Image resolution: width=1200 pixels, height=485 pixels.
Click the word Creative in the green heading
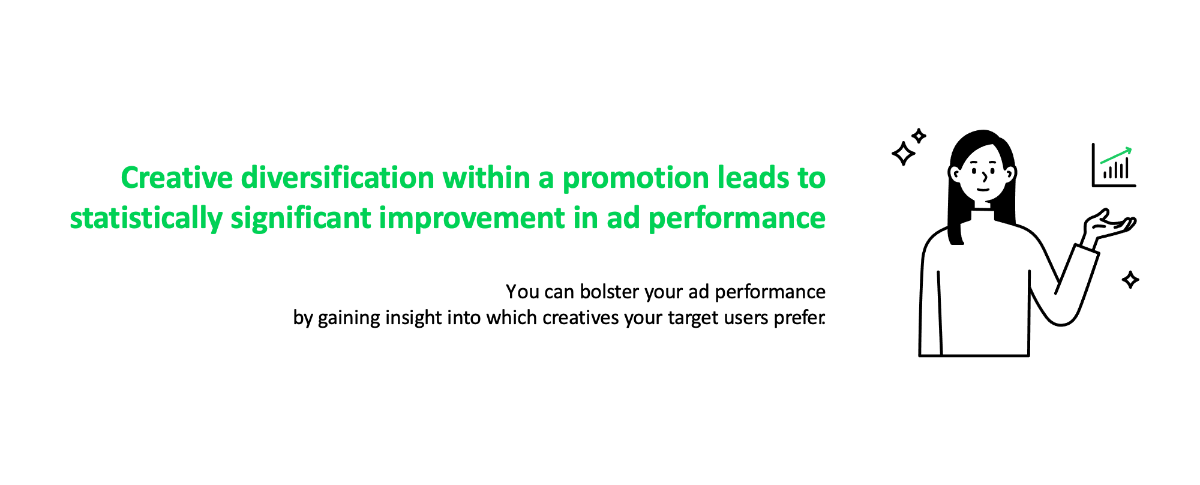tap(177, 178)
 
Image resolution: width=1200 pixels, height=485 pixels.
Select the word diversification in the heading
tap(338, 178)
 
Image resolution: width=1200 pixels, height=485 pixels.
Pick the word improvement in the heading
tap(472, 218)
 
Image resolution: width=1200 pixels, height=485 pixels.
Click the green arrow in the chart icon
tap(1116, 155)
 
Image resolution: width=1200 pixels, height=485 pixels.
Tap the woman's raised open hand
tap(1109, 226)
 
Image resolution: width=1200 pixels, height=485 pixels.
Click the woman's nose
tap(985, 175)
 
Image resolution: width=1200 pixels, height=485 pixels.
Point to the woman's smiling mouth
tap(982, 190)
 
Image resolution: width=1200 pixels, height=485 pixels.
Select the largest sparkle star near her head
tap(904, 154)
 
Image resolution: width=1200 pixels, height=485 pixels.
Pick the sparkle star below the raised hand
tap(1130, 280)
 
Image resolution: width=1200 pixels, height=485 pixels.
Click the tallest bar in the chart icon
tap(1127, 168)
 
